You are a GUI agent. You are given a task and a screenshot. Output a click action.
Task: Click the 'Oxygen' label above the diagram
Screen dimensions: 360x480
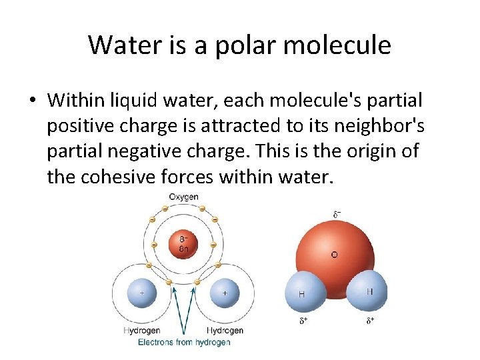[183, 197]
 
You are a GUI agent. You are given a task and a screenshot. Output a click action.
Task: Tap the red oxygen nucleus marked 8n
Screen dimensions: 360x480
[183, 245]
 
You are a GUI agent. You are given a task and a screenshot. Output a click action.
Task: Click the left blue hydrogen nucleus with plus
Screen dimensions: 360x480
[142, 293]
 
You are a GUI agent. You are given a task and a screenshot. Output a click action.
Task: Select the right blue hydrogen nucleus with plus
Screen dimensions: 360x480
[224, 293]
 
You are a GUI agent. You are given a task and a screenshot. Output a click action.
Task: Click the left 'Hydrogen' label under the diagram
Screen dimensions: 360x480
[143, 331]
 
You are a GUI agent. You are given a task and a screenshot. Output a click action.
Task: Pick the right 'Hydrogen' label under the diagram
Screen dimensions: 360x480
[225, 331]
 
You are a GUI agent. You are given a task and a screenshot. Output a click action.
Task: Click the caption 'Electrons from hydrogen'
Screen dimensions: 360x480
[184, 342]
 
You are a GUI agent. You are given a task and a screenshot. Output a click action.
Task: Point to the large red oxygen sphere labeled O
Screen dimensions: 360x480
[337, 250]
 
